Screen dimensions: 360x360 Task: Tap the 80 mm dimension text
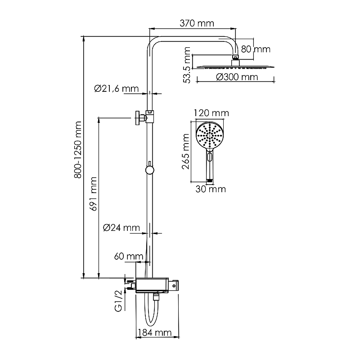(256, 48)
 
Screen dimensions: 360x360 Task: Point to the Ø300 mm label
(237, 77)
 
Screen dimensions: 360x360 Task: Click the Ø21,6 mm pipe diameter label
(117, 88)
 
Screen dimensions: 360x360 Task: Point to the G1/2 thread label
(118, 301)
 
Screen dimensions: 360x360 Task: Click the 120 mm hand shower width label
(211, 112)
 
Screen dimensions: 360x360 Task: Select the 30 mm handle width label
(211, 189)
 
